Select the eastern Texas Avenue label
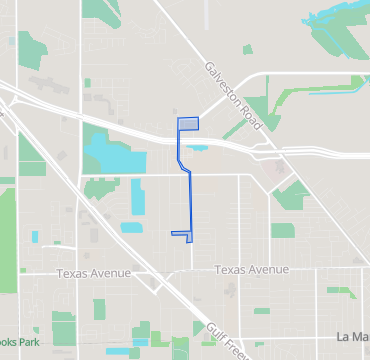[x=251, y=270]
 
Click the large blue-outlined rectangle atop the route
[x=188, y=124]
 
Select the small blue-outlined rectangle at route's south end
[x=181, y=234]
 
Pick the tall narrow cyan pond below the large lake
[x=137, y=198]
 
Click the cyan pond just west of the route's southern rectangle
[x=131, y=227]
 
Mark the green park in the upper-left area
[x=33, y=47]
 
